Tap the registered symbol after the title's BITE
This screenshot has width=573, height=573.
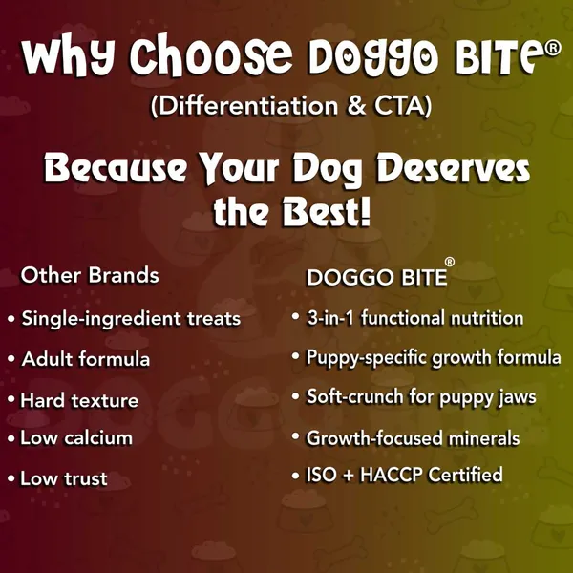[552, 49]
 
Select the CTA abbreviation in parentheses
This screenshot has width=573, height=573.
[398, 106]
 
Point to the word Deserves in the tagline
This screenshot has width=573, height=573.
[453, 170]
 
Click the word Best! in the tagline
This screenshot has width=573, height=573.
[327, 212]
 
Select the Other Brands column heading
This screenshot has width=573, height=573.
[90, 275]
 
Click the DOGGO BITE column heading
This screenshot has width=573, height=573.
[377, 278]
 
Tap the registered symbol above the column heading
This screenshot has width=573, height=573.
[450, 262]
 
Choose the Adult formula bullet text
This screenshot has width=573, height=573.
[86, 359]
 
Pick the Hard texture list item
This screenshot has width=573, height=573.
[79, 400]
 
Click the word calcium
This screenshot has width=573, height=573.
[98, 437]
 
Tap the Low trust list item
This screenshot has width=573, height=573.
[64, 478]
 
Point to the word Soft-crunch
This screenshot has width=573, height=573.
[354, 397]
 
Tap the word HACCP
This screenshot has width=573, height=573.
[392, 475]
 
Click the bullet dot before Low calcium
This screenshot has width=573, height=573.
[11, 439]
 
